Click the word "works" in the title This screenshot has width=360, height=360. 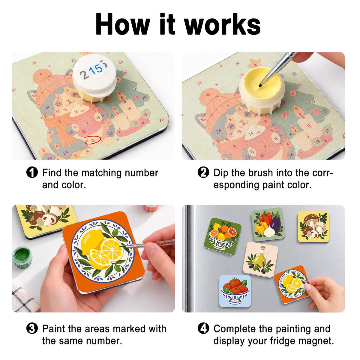(x=223, y=24)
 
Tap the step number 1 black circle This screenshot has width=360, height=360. (x=32, y=172)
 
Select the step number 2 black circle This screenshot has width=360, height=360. (x=203, y=172)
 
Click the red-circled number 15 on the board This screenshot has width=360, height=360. (x=93, y=140)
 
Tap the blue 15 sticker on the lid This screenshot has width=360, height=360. (x=96, y=69)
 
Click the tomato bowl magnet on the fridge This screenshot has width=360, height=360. (x=235, y=291)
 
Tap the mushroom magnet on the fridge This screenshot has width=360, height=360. (x=313, y=226)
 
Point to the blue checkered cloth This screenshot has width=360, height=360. (x=24, y=295)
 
